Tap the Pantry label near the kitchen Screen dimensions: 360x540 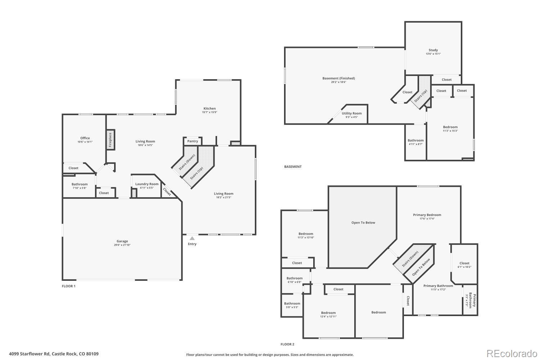click(x=193, y=141)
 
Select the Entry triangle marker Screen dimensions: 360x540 click(x=192, y=238)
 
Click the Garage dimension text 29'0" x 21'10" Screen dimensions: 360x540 click(x=122, y=245)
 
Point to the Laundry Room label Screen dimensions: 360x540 click(x=147, y=184)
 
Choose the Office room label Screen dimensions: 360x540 click(x=85, y=138)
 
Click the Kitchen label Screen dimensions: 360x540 click(x=210, y=108)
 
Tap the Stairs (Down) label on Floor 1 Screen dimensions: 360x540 click(x=187, y=162)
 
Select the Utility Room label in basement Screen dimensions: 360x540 click(x=352, y=113)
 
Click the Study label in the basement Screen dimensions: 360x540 click(x=433, y=50)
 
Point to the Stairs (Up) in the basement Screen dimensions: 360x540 click(x=421, y=95)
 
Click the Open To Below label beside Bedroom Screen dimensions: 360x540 click(x=363, y=222)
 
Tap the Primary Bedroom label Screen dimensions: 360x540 click(x=427, y=215)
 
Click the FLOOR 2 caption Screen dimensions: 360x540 click(x=287, y=344)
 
